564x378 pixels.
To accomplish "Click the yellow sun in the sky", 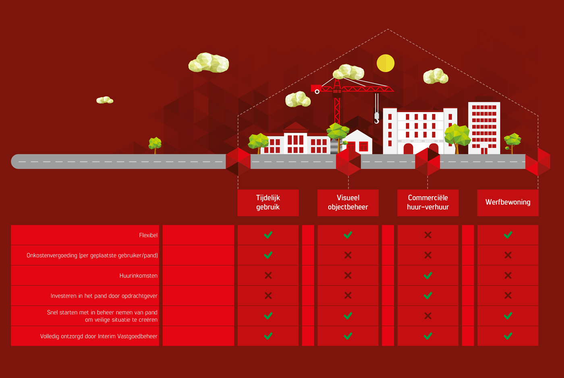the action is tap(386, 63).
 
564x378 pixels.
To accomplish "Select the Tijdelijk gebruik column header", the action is tap(268, 203).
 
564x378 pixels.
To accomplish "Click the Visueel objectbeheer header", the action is tap(348, 203).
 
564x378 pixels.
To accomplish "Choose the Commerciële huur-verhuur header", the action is tap(428, 203).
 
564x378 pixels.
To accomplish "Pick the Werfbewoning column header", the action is tap(508, 203).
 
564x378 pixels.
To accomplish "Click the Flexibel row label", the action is tap(148, 235).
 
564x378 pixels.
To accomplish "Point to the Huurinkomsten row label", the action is tap(139, 276).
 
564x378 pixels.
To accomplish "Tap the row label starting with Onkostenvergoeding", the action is tap(92, 255).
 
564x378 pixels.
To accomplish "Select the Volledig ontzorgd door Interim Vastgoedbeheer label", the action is tap(99, 336).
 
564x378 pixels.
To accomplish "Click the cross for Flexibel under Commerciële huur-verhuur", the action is tap(428, 235).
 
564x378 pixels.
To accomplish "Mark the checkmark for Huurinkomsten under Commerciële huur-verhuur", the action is tap(428, 275).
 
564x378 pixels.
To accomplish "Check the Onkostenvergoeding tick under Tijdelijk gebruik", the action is tap(268, 255).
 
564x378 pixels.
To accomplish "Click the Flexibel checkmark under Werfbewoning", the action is tap(508, 235).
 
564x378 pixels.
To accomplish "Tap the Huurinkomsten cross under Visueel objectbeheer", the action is tap(348, 275).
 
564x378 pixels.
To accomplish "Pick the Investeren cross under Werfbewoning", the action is tap(508, 296).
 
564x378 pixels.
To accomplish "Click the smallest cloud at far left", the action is tap(105, 100).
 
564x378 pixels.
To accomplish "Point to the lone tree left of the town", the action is tap(155, 145).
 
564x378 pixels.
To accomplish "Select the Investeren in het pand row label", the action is tap(104, 296).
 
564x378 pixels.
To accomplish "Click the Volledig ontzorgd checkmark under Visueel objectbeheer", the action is tap(348, 336).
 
